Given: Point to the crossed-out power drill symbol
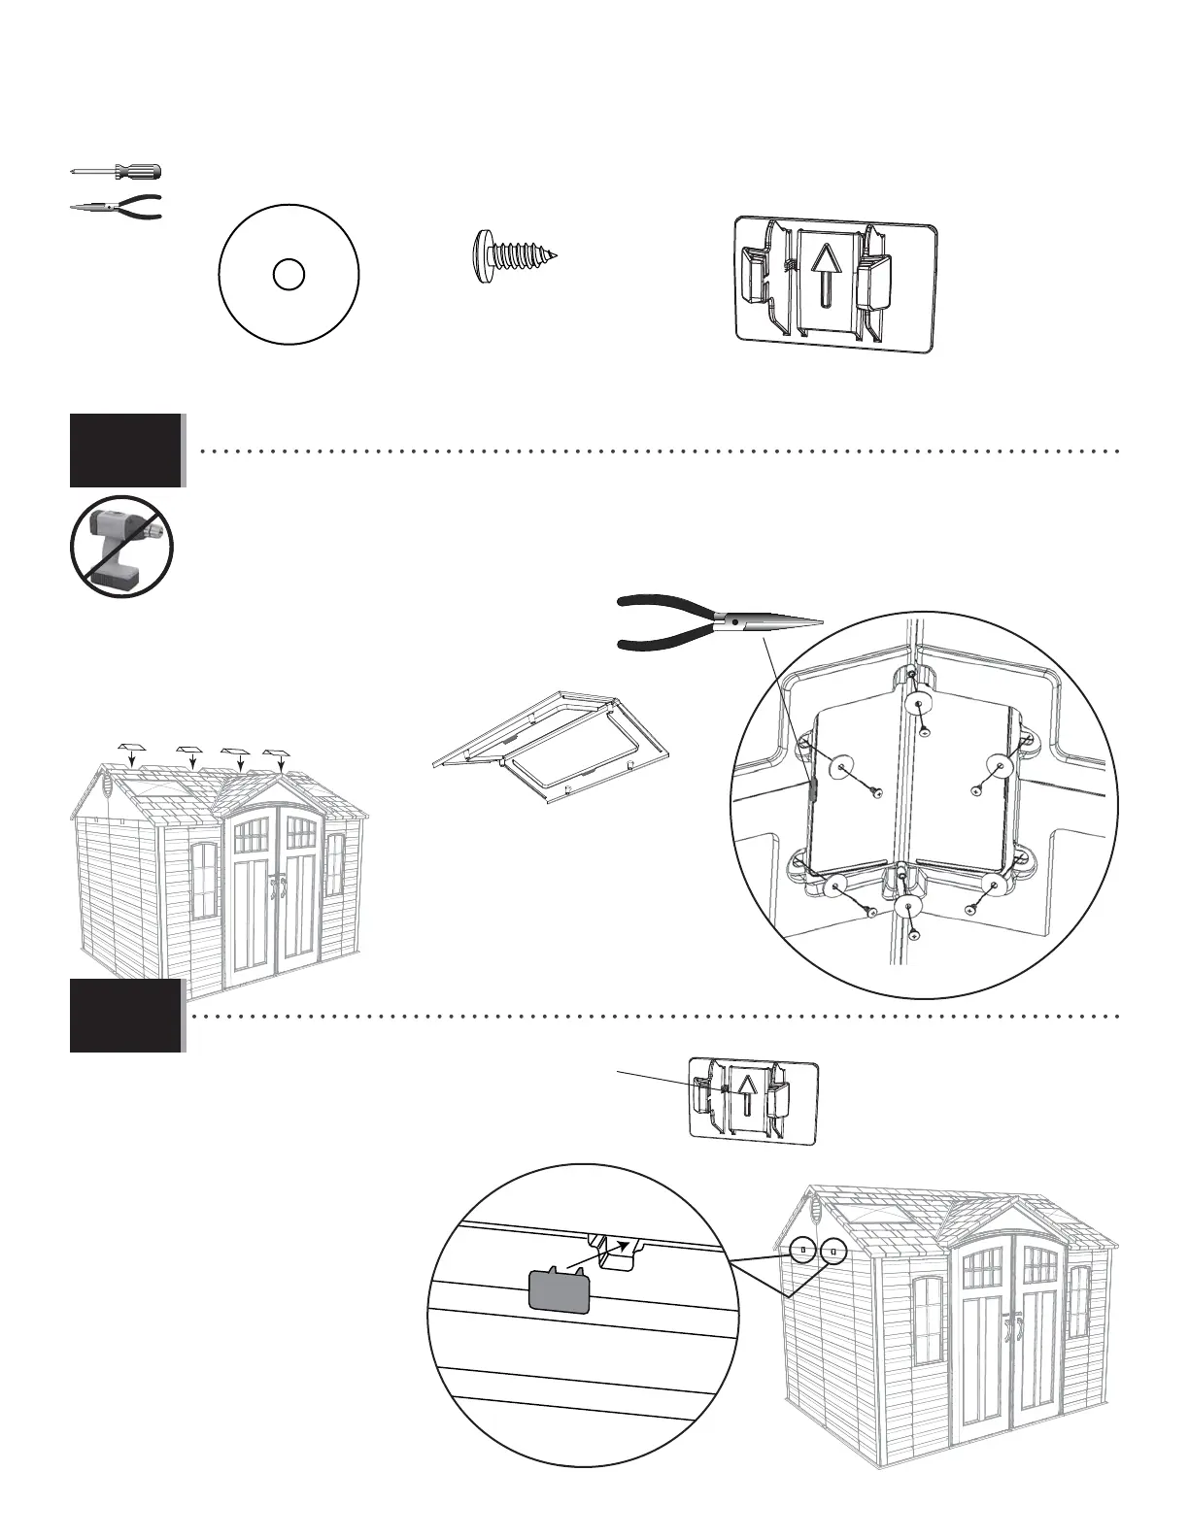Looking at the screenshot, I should tap(121, 547).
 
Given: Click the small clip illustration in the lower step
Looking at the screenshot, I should tap(753, 1099).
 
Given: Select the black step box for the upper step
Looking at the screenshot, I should tap(126, 451).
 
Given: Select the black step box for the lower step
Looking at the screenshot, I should tap(126, 1016).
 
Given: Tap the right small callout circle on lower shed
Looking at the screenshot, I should tap(833, 1252).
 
